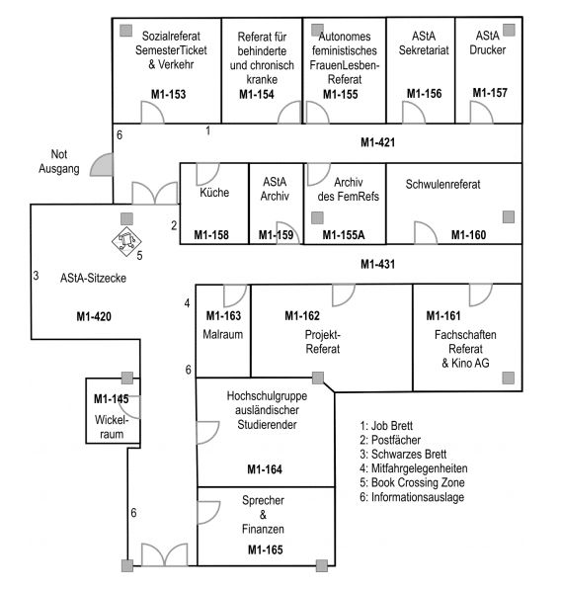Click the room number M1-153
[169, 94]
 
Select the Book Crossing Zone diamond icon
[126, 241]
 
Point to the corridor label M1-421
[377, 142]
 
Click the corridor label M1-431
[377, 264]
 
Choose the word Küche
[214, 193]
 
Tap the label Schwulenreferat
[442, 184]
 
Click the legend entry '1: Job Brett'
[386, 426]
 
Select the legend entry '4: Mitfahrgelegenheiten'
[414, 468]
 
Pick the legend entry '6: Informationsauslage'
[412, 497]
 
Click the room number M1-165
[265, 549]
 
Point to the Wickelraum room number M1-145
[112, 399]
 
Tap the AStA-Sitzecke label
[93, 278]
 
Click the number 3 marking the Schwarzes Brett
[36, 276]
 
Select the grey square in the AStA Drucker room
[509, 30]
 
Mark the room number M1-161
[443, 315]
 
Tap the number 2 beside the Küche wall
[174, 225]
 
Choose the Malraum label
[223, 334]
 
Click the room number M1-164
[265, 469]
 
